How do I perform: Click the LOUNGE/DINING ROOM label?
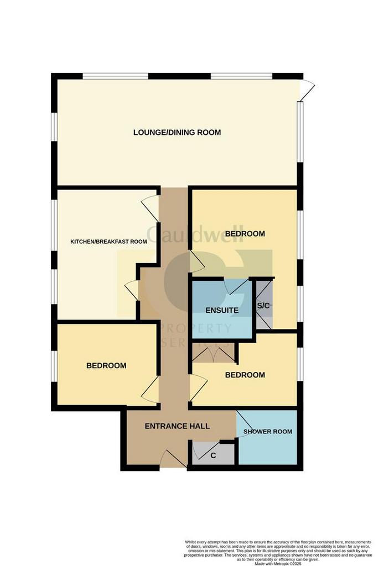point(177,132)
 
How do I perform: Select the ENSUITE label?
point(222,310)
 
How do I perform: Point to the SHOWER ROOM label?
point(268,432)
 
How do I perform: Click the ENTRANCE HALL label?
point(177,426)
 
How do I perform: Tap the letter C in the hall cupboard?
point(213,457)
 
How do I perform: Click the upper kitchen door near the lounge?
point(151,208)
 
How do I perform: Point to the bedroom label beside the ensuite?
point(245,234)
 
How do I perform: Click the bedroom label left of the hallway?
point(106,365)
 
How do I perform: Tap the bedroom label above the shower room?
point(245,375)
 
